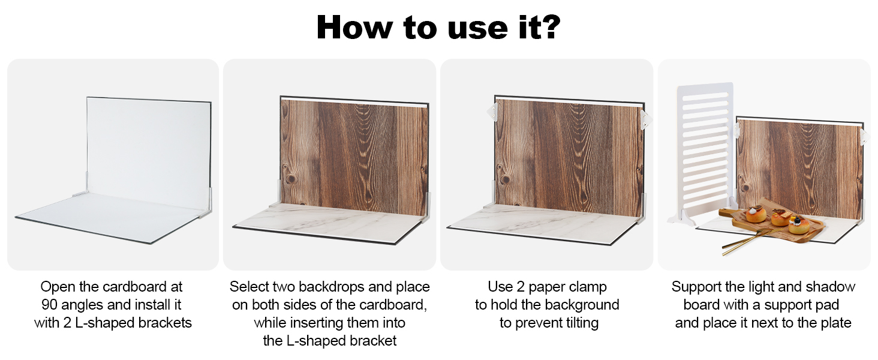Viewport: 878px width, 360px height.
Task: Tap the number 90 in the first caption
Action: pos(50,305)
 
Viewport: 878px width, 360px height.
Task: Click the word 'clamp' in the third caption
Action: pos(587,287)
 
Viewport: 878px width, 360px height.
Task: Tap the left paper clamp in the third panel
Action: pos(492,112)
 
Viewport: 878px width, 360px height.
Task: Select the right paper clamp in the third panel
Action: pos(644,119)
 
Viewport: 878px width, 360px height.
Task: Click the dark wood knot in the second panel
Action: pos(290,179)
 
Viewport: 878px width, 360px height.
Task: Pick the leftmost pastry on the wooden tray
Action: pos(753,215)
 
